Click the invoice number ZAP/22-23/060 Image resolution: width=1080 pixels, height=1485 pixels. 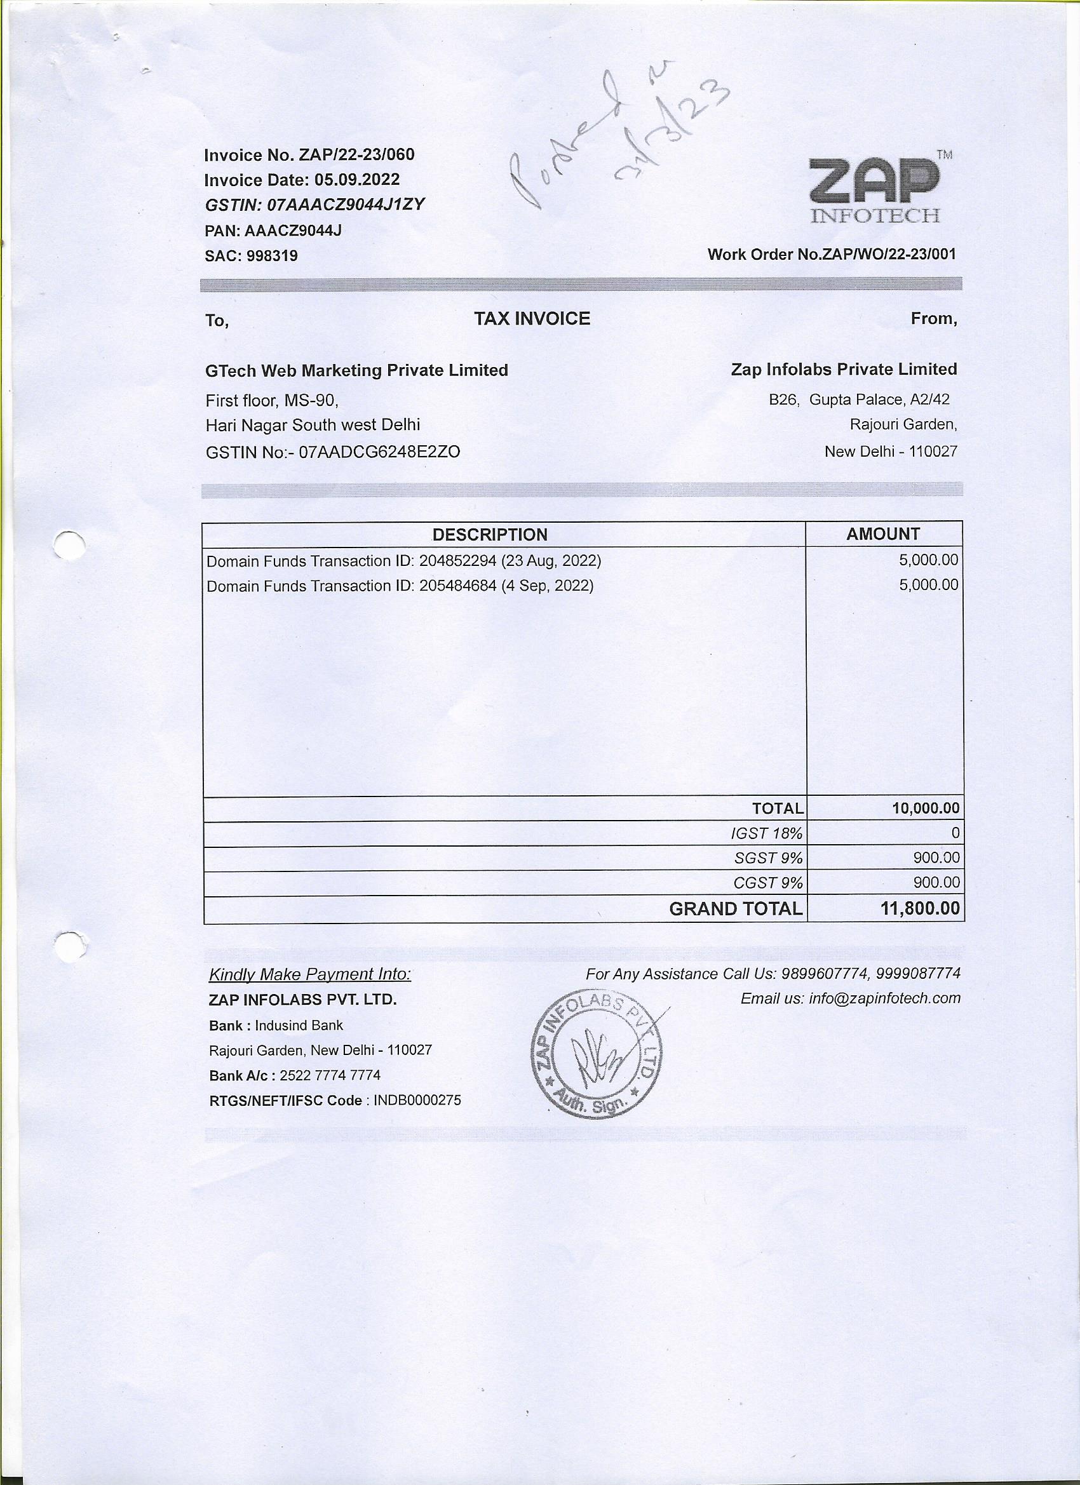tap(356, 155)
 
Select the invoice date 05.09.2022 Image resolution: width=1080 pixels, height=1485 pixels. tap(357, 180)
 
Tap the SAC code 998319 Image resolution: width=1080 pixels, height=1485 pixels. tap(272, 256)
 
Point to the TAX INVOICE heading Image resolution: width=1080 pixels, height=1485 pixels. tap(532, 319)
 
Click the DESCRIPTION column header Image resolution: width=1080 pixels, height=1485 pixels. tap(490, 534)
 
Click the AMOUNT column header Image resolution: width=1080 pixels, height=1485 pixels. tap(883, 534)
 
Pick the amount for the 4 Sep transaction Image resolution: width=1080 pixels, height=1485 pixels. tap(928, 585)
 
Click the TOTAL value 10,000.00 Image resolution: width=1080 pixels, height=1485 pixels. tap(926, 808)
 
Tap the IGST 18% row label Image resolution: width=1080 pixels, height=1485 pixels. tap(766, 833)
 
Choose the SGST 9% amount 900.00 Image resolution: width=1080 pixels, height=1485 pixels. tap(936, 857)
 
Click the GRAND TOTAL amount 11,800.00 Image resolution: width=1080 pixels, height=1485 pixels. tap(920, 909)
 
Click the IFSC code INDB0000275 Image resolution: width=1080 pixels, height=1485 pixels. tap(417, 1101)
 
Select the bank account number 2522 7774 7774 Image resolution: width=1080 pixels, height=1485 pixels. tap(330, 1076)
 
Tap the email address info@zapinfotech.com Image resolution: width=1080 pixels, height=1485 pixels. tap(884, 998)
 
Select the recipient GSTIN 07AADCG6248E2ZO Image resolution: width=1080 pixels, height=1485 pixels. tap(379, 452)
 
